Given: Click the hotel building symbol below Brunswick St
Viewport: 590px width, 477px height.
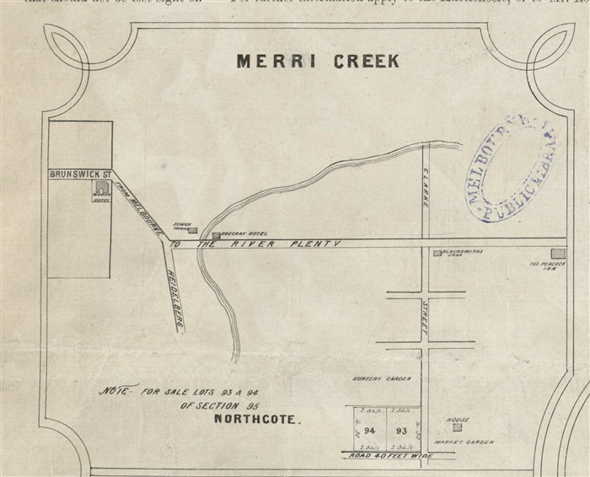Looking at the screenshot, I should point(101,188).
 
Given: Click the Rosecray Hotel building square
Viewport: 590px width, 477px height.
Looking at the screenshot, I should point(216,235).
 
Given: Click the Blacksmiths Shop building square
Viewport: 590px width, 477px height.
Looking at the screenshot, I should point(437,253).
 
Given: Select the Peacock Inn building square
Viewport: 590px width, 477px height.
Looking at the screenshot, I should point(556,253).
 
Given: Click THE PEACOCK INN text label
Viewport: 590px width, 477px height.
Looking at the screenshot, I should point(545,265).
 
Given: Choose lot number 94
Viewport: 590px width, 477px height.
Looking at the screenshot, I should point(369,430).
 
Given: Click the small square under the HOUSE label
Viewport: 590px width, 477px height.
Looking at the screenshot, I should point(456,427).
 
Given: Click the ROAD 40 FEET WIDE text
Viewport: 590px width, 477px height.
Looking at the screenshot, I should point(393,456).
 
